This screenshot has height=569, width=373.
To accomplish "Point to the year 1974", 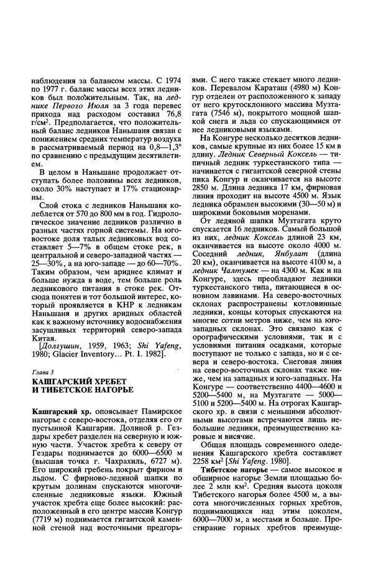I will pyautogui.click(x=168, y=80).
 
